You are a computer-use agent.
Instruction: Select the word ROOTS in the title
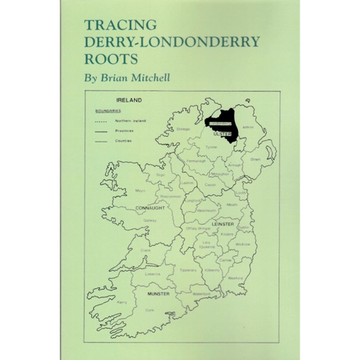113,59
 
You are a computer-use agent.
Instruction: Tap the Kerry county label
121,301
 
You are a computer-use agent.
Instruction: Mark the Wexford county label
236,276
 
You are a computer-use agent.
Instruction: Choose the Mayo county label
140,190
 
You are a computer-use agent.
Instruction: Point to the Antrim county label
250,126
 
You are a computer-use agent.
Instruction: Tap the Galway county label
149,221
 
